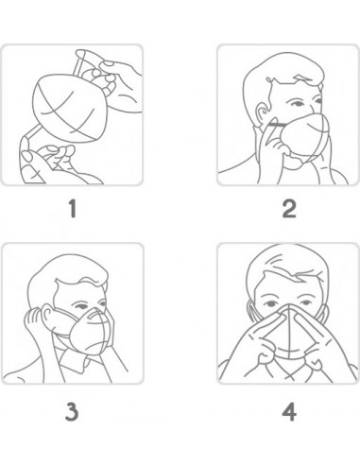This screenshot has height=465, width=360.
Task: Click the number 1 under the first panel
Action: pos(73,209)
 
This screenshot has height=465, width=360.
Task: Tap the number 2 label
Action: pos(289,209)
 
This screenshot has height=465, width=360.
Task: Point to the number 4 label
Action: pos(289,412)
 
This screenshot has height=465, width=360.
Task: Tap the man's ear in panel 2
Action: pos(262,113)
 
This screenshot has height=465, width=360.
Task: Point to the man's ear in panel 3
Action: pos(48,315)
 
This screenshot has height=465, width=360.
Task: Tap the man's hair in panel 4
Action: pos(285,265)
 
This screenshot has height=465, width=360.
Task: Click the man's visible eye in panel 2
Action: pos(297,104)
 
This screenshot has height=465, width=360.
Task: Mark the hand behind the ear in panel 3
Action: pos(35,323)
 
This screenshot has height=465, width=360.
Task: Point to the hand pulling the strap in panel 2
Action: pos(272,148)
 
